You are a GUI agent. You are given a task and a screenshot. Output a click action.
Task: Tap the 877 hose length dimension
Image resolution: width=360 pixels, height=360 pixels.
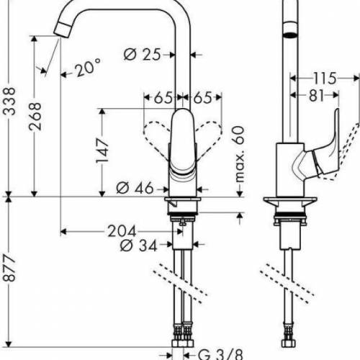tap(8, 277)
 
